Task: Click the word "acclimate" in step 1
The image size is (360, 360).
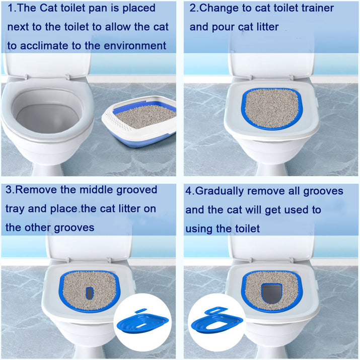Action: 51,46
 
